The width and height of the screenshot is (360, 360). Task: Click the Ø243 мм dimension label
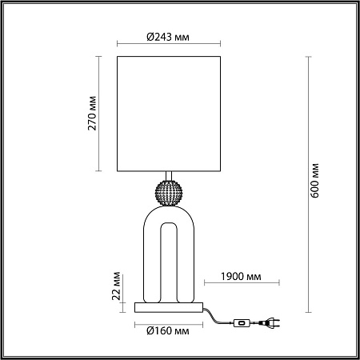click(168, 36)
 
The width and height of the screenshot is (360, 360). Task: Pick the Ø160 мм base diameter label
click(168, 330)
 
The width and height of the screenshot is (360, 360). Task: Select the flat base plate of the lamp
click(169, 307)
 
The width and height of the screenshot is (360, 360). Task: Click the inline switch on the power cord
click(239, 323)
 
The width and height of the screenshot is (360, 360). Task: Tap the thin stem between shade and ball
click(169, 177)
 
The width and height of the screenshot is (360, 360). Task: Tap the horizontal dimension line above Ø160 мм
click(169, 321)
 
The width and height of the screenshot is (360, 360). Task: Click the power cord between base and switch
click(216, 318)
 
